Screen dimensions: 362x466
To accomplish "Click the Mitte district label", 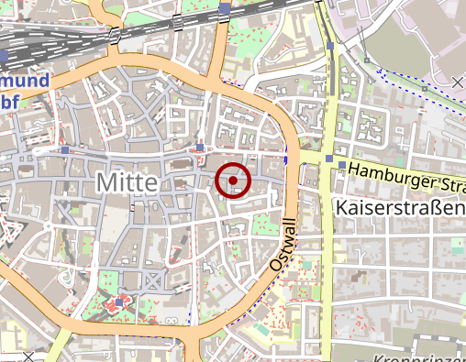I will click(127, 183).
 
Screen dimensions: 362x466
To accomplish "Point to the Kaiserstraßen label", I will click(401, 209).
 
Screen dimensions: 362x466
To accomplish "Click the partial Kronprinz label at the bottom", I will click(422, 357).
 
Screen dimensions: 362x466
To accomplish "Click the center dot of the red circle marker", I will click(234, 181).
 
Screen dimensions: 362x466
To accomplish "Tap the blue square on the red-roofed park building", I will click(119, 302).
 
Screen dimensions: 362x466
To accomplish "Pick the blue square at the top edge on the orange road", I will click(226, 8).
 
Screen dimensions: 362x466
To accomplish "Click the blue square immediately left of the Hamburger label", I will click(341, 165).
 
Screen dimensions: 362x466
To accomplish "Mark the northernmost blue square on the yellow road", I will click(329, 44).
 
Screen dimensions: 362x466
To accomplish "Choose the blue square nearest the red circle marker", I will click(200, 147).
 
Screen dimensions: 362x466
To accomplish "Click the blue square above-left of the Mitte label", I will click(65, 148).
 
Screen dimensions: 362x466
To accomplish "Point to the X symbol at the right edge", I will click(458, 83).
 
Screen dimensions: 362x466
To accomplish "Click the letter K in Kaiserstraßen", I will click(343, 209).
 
